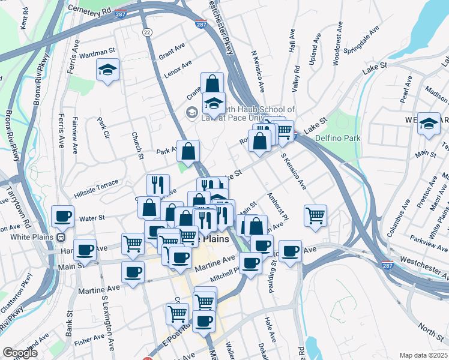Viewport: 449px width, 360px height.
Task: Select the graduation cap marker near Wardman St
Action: tap(108, 70)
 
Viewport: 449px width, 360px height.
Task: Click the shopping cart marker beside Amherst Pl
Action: tap(315, 215)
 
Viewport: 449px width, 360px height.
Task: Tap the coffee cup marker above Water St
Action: tap(62, 216)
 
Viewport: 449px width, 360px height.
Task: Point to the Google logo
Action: tap(20, 353)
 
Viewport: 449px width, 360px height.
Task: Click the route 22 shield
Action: tap(146, 32)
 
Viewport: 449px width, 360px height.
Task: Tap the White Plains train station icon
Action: tap(61, 236)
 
